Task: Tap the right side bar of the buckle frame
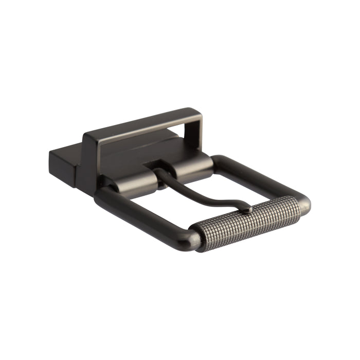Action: (x=262, y=175)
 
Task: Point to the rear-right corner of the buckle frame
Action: (x=219, y=159)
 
